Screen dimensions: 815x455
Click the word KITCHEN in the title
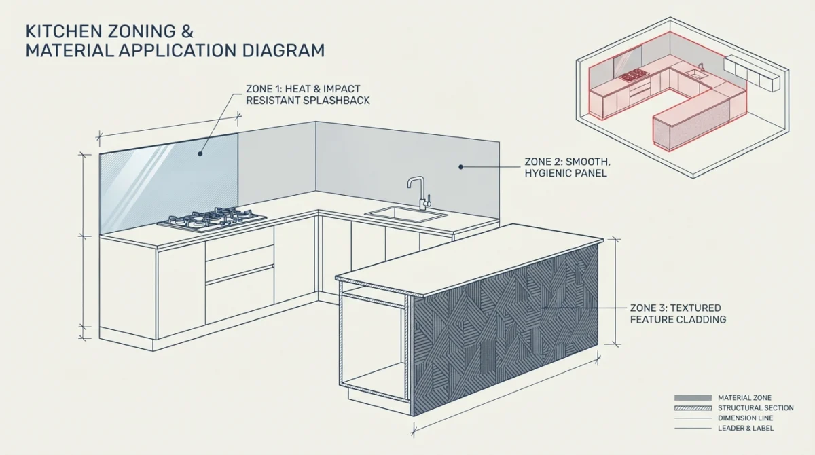(63, 32)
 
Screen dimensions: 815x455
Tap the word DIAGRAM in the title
(283, 50)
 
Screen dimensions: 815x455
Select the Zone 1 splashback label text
(308, 94)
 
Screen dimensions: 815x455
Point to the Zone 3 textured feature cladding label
(678, 314)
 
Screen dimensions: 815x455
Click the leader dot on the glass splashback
(200, 154)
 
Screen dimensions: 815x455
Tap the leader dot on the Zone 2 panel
(460, 167)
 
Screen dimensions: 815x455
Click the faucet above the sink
(419, 193)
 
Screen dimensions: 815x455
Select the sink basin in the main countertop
(406, 214)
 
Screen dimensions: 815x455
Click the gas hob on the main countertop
(212, 219)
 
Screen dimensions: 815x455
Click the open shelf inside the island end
(374, 299)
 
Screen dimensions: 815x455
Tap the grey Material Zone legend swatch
(693, 398)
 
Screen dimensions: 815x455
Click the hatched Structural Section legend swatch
(693, 408)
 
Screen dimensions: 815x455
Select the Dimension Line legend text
(746, 418)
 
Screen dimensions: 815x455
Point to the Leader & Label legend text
(746, 429)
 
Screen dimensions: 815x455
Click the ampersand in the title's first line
(187, 32)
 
